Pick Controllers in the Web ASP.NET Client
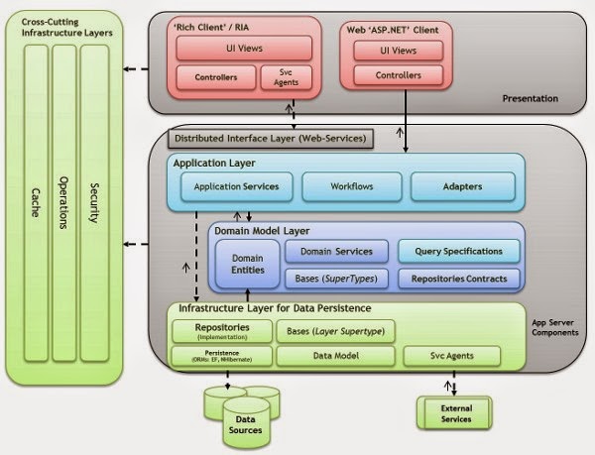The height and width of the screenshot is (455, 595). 398,74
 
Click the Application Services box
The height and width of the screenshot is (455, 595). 236,185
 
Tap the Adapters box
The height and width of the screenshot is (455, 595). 461,185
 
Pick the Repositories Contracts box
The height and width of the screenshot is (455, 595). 458,280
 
